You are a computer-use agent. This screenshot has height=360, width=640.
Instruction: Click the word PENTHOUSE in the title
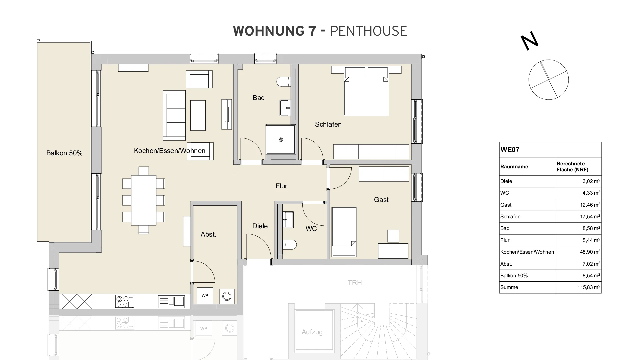click(368, 31)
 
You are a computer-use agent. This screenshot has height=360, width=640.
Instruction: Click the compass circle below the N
click(548, 80)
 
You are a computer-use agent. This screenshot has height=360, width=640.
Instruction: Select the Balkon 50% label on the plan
click(64, 153)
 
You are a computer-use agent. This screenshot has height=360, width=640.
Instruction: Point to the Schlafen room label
click(328, 124)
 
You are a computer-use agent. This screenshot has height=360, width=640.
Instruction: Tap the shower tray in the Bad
click(281, 140)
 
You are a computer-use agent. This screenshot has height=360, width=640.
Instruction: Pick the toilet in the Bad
click(284, 82)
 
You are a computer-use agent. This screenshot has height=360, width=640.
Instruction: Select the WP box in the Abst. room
click(205, 295)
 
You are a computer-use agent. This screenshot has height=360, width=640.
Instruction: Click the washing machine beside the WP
click(227, 296)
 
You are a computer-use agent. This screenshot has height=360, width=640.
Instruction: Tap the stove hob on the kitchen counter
click(124, 301)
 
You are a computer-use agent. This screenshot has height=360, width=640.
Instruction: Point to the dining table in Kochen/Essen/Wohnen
click(144, 200)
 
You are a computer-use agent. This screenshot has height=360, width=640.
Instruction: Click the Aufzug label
click(312, 332)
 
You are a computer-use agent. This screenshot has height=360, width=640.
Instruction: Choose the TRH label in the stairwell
click(355, 283)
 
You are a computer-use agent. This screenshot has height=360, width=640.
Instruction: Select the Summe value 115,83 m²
click(589, 287)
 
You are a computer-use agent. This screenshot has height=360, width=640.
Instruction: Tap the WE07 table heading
click(510, 150)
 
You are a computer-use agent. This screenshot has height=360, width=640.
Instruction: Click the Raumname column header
click(514, 167)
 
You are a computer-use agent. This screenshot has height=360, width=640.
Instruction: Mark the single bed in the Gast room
click(344, 232)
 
